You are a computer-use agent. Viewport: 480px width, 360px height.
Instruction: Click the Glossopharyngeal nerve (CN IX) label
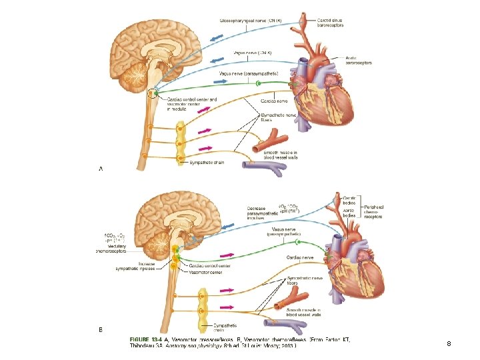click(251, 20)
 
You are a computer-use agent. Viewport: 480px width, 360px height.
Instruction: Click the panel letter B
click(101, 329)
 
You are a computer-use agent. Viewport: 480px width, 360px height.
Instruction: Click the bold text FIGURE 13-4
click(148, 339)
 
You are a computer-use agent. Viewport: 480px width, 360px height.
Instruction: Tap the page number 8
click(449, 344)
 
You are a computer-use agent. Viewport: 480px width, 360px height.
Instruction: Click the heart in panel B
click(357, 267)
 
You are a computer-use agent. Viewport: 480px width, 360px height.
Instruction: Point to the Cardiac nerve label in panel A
click(273, 101)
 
